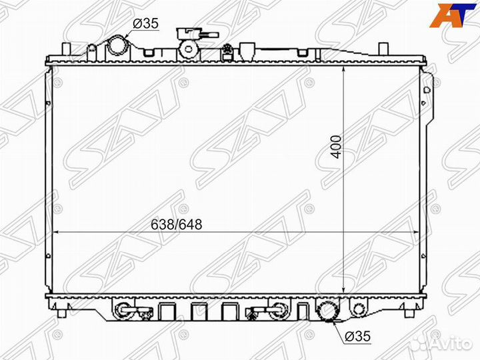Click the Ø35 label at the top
pos(146,23)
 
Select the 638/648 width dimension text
pos(174,225)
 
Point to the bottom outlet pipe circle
pos(327,310)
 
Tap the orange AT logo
pos(448,15)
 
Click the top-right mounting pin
pos(383,49)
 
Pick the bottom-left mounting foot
pos(62,311)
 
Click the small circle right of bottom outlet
pos(359,309)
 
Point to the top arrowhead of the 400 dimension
pos(343,69)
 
